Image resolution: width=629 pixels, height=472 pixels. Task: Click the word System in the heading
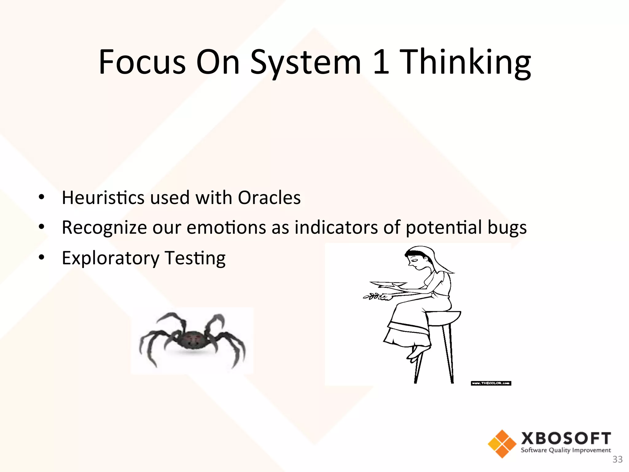tap(306, 63)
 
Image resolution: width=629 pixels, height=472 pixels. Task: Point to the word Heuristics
tap(103, 197)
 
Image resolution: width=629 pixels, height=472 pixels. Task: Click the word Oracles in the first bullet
tap(269, 197)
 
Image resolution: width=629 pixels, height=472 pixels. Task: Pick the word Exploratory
tap(111, 258)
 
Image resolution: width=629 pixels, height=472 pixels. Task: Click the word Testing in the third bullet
tap(195, 258)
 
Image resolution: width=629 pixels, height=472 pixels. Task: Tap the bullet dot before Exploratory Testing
tap(42, 257)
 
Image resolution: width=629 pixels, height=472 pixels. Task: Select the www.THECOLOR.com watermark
tap(491, 383)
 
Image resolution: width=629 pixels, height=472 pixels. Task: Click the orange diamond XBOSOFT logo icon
tap(502, 444)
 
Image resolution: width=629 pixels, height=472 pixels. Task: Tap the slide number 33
tap(617, 459)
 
